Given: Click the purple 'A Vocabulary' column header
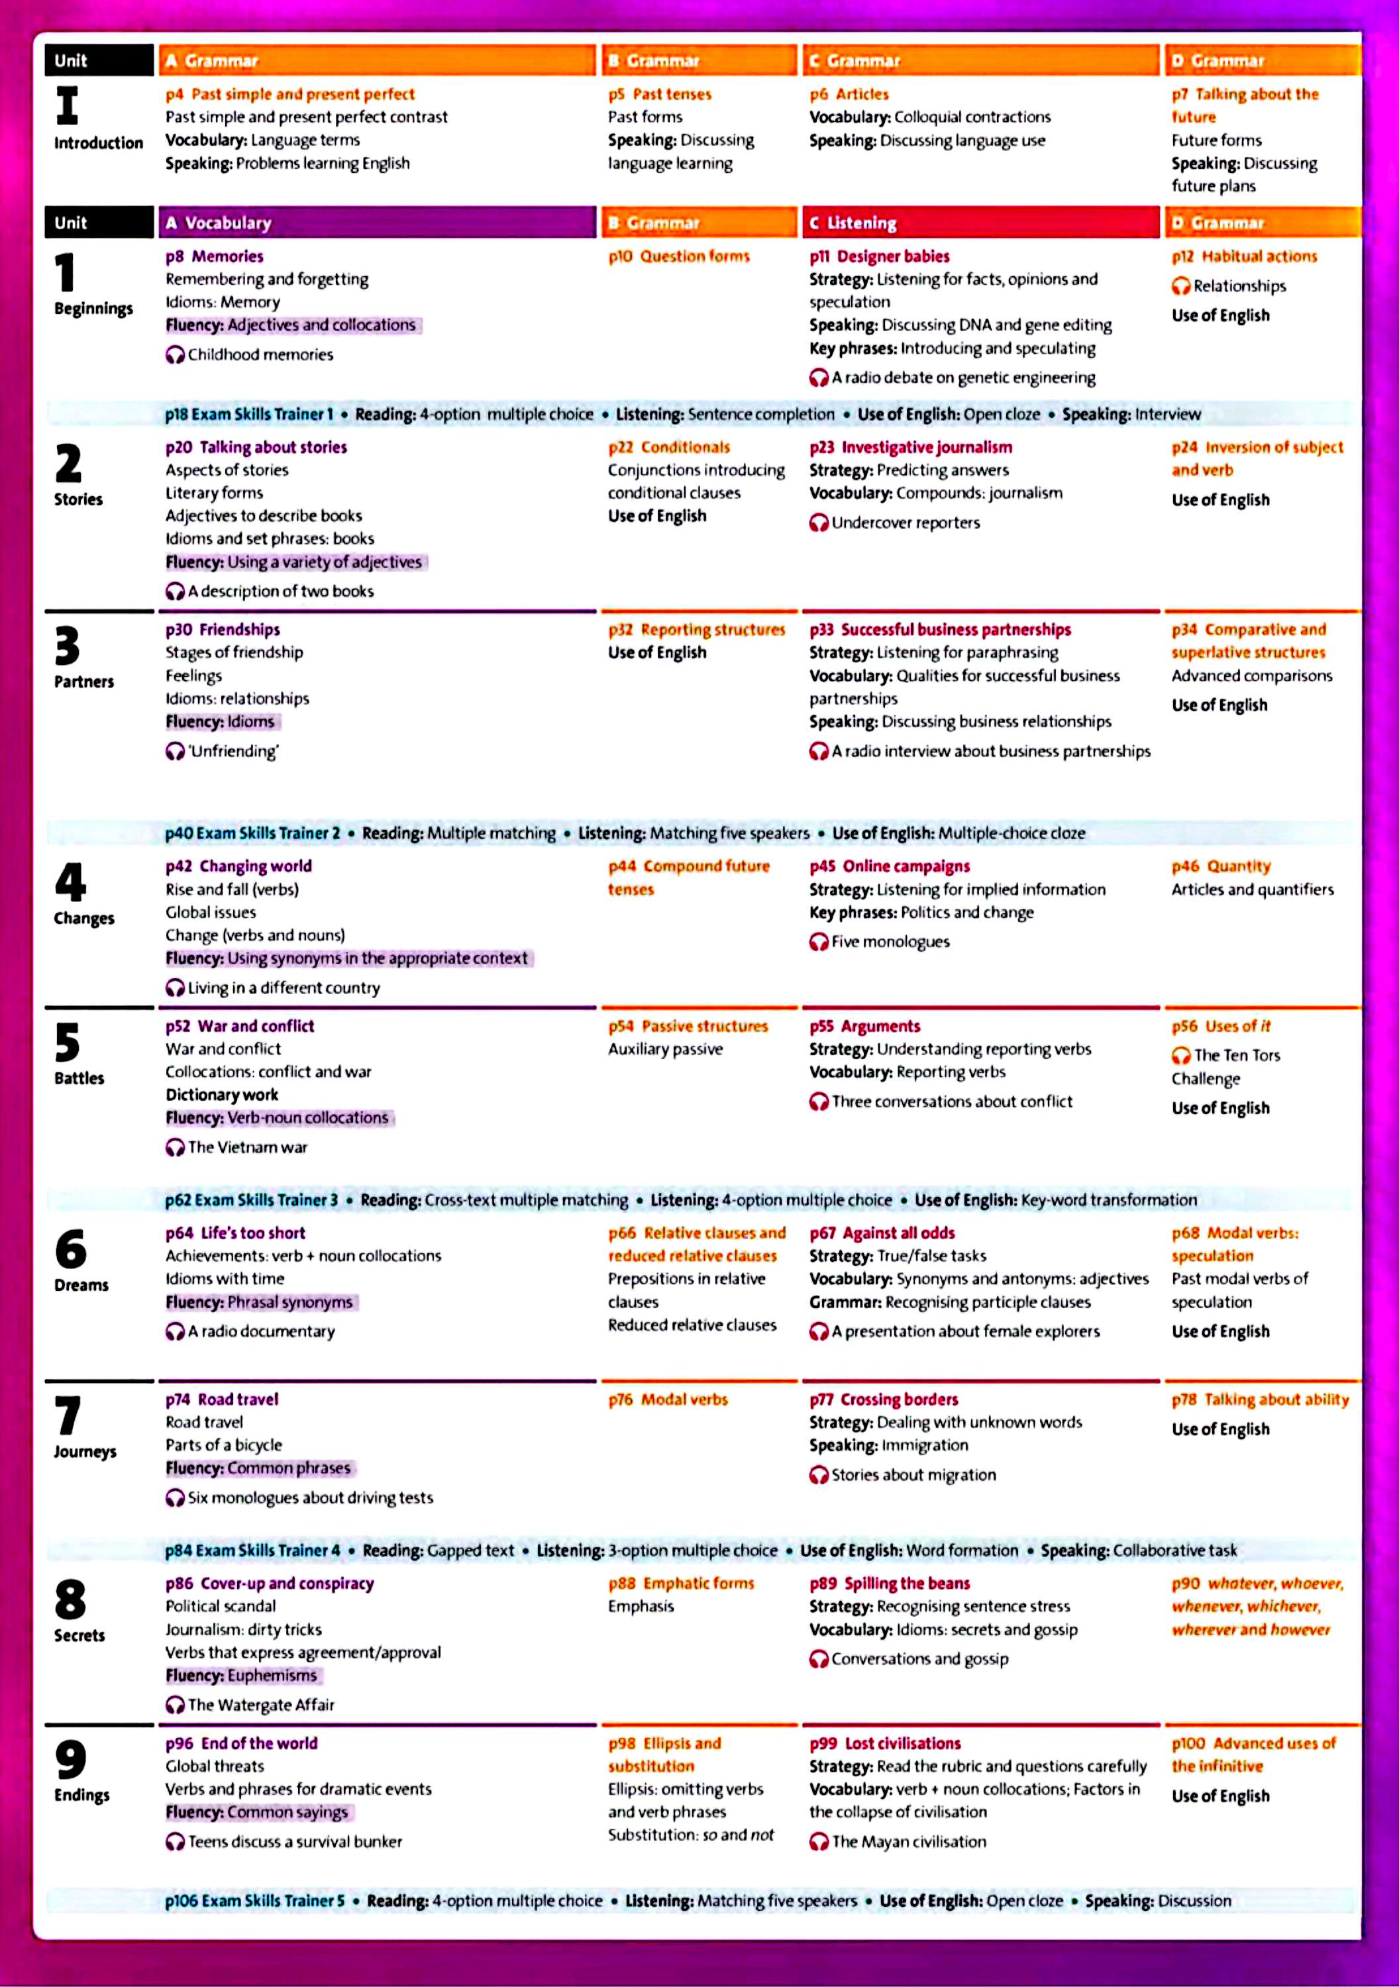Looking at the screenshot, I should pyautogui.click(x=377, y=223).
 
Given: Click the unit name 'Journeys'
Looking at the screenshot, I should pyautogui.click(x=85, y=1451).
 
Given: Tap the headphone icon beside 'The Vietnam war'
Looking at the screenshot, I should pyautogui.click(x=175, y=1148).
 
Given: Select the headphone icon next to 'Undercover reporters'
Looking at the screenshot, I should pyautogui.click(x=818, y=523).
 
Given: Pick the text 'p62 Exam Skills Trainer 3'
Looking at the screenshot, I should pyautogui.click(x=251, y=1199).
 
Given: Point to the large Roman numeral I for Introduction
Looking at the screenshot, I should pyautogui.click(x=67, y=105).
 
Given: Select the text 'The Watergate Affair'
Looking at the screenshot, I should pyautogui.click(x=260, y=1705).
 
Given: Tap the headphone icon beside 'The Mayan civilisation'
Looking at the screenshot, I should pyautogui.click(x=818, y=1841).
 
